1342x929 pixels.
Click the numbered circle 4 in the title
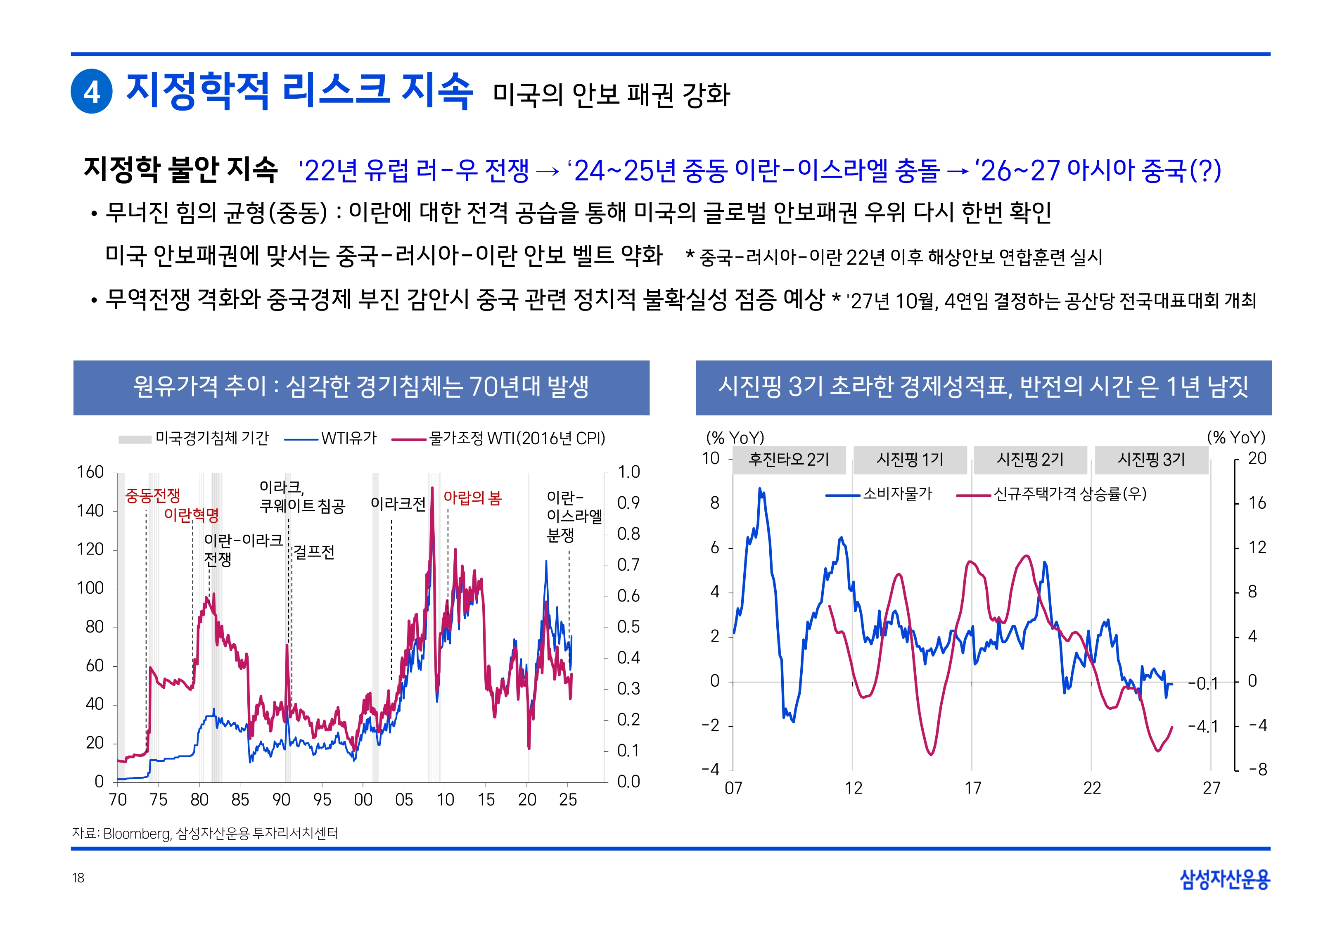pyautogui.click(x=91, y=91)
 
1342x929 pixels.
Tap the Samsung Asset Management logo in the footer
pyautogui.click(x=1224, y=879)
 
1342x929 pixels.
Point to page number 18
pyautogui.click(x=78, y=878)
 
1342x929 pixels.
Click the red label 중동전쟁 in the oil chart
pyautogui.click(x=152, y=495)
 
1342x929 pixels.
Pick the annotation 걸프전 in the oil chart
pyautogui.click(x=314, y=552)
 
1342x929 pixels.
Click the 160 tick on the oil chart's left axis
pyautogui.click(x=90, y=472)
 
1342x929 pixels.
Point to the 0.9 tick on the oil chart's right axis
pyautogui.click(x=628, y=502)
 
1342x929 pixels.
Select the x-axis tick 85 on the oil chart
pyautogui.click(x=240, y=799)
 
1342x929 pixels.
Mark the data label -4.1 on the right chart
pyautogui.click(x=1202, y=726)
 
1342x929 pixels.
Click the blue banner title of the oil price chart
pyautogui.click(x=361, y=387)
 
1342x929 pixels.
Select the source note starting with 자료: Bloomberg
pyautogui.click(x=205, y=833)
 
